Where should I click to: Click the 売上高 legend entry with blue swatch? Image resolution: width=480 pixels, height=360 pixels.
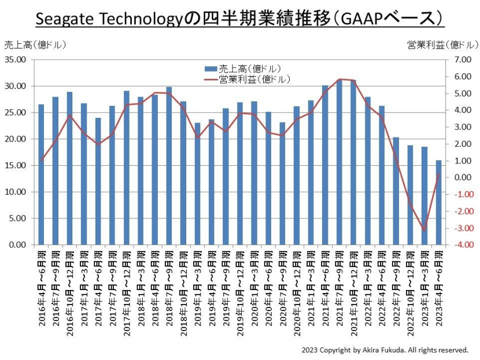(x=243, y=69)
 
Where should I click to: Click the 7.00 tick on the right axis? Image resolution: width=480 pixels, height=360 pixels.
(x=464, y=60)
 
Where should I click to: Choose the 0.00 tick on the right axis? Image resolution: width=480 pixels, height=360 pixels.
(x=464, y=177)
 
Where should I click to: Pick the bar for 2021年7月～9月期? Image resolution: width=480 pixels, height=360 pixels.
(x=339, y=162)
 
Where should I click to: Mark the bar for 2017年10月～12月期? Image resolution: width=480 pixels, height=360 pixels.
(x=126, y=168)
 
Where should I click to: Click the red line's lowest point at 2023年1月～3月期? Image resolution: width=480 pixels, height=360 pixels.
(x=424, y=231)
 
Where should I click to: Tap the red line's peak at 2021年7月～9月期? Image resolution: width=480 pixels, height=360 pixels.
(x=339, y=79)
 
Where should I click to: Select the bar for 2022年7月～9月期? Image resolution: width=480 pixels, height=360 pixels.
(x=396, y=191)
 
